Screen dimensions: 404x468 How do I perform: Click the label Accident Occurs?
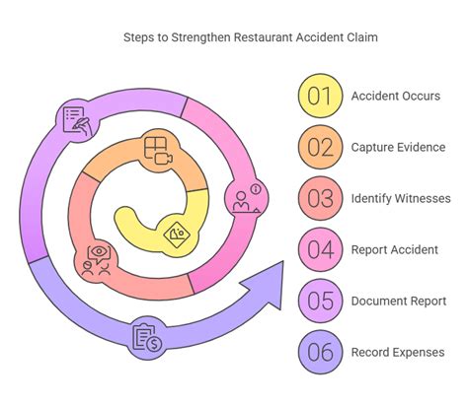click(x=397, y=96)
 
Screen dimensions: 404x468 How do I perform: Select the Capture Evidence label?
click(x=399, y=147)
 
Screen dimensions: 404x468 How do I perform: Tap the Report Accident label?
click(x=395, y=249)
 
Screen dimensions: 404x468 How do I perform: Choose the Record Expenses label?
click(x=398, y=352)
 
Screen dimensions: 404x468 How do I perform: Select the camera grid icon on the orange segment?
click(x=156, y=151)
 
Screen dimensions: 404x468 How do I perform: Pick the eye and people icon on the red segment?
click(x=99, y=258)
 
